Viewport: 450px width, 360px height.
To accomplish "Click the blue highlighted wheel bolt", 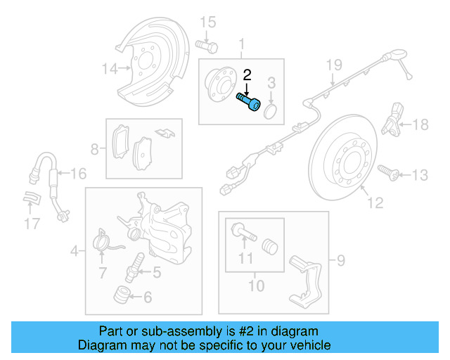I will [249, 102].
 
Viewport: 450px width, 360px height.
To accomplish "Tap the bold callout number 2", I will [247, 75].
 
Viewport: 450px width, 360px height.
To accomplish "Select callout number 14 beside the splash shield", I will [108, 69].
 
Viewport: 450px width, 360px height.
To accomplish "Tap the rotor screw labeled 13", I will [387, 171].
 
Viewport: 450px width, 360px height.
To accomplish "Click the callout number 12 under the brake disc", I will [375, 203].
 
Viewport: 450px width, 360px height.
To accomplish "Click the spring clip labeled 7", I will [103, 243].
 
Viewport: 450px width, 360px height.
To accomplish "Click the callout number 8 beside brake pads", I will [94, 149].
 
